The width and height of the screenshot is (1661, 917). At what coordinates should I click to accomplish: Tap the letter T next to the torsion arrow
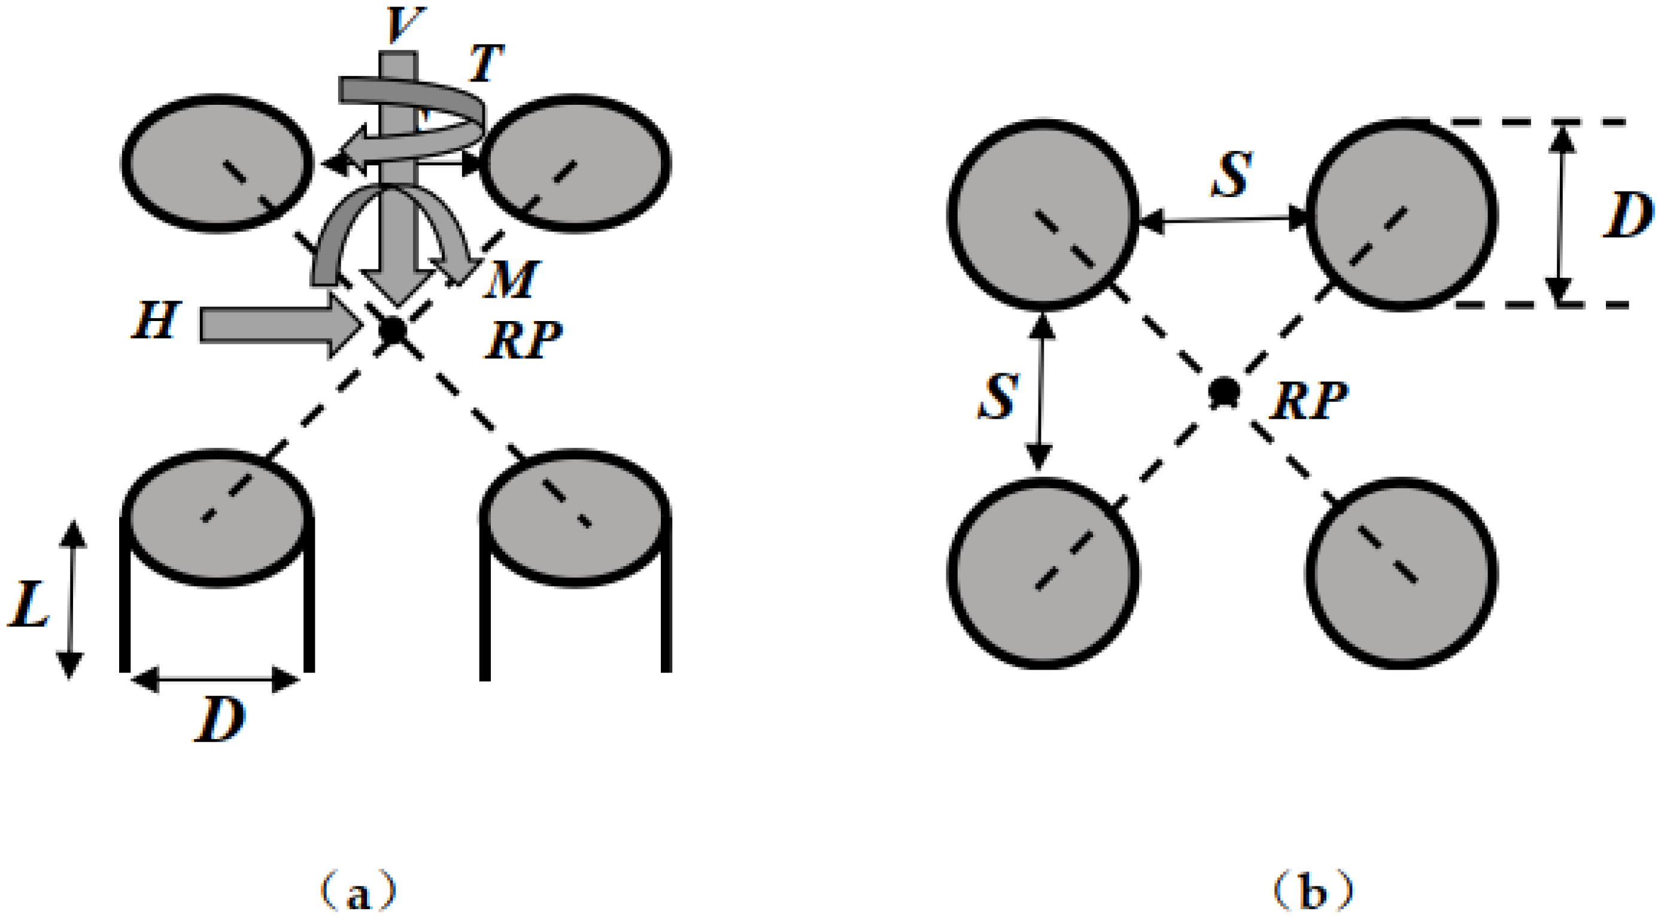(486, 63)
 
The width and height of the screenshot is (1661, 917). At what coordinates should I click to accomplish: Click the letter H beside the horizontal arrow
(156, 320)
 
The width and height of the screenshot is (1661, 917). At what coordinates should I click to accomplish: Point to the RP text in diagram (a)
(524, 340)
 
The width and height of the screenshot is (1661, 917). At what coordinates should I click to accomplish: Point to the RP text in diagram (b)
(1309, 400)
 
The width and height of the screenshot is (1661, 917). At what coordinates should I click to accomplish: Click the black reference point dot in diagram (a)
(393, 331)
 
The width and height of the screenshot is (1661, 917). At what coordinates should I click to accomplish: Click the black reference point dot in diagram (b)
(1223, 391)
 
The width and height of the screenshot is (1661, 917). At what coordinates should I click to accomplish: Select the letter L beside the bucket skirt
(29, 604)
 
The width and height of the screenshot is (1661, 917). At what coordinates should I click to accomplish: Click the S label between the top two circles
(1232, 175)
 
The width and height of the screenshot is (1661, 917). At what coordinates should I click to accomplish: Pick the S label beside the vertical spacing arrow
(998, 397)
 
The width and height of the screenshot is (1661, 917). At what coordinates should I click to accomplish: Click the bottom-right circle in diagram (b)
(1402, 573)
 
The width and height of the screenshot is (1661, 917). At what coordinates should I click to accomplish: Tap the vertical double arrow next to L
(71, 600)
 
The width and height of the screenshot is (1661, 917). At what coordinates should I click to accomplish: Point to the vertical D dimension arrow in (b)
(1560, 213)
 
